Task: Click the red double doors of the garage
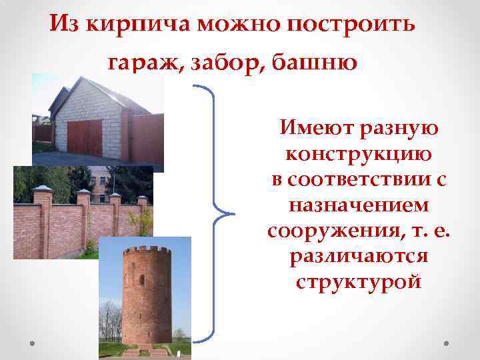pyautogui.click(x=85, y=137)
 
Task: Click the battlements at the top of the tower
pyautogui.click(x=146, y=251)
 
